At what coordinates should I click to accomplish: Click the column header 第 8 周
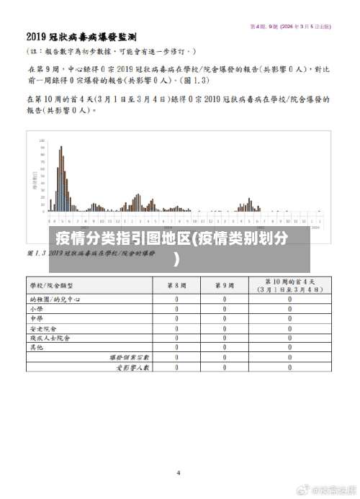coord(177,285)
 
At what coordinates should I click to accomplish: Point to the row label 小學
coord(37,308)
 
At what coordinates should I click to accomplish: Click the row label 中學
coord(37,318)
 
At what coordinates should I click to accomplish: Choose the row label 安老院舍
coord(41,328)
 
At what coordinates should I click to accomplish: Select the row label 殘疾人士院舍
coord(50,337)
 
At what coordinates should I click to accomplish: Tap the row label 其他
coord(37,347)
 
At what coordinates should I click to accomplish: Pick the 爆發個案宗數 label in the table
coord(129,357)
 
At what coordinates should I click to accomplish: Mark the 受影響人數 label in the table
coord(132,367)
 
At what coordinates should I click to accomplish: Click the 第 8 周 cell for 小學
coord(177,308)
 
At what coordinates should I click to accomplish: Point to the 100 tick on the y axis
coord(41,140)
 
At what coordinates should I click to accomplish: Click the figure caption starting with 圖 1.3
coord(91,253)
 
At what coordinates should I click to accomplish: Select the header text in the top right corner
coord(290,27)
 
